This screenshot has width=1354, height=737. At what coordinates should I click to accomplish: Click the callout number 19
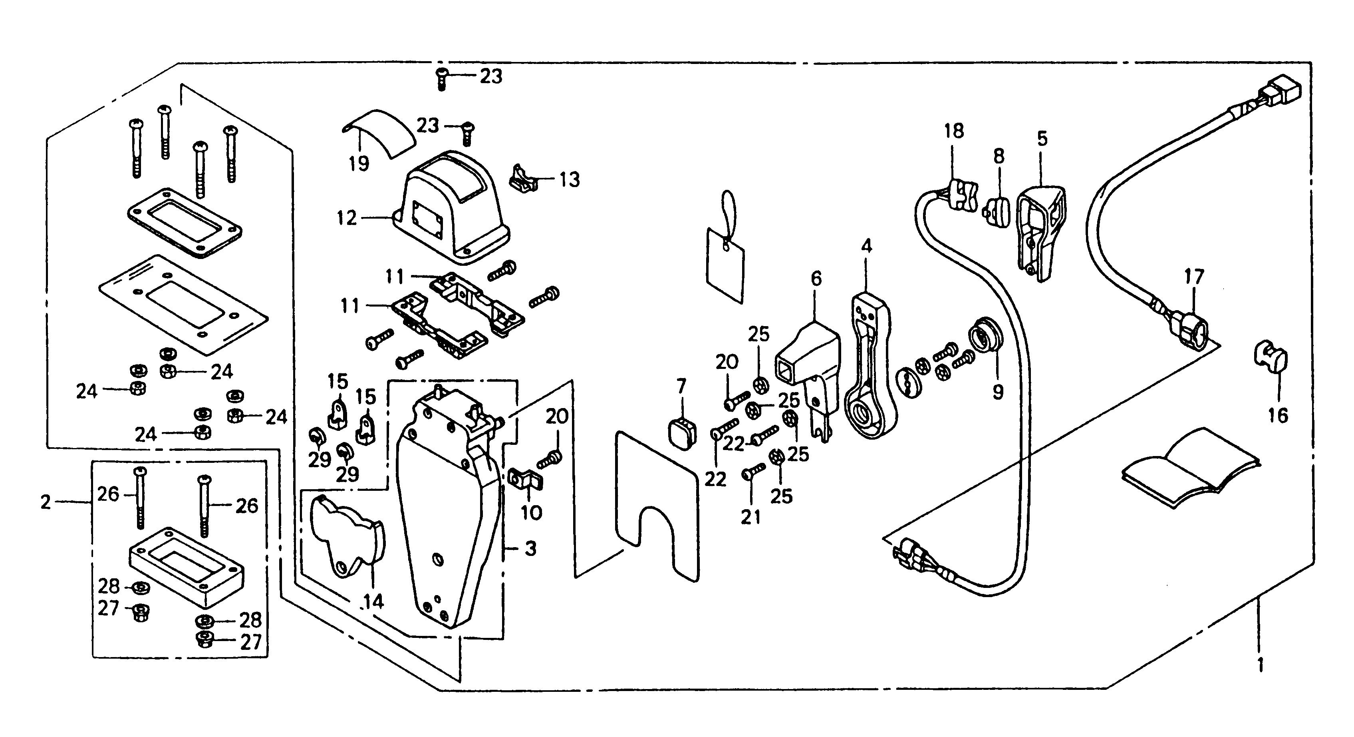[x=359, y=163]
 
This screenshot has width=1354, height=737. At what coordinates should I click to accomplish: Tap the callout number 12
[x=347, y=218]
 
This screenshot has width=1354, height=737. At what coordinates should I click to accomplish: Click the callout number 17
[x=1194, y=277]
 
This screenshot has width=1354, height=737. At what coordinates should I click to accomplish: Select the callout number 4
[x=866, y=246]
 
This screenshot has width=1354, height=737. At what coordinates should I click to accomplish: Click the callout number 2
[x=46, y=502]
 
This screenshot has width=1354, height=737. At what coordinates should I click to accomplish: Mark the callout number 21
[x=750, y=518]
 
